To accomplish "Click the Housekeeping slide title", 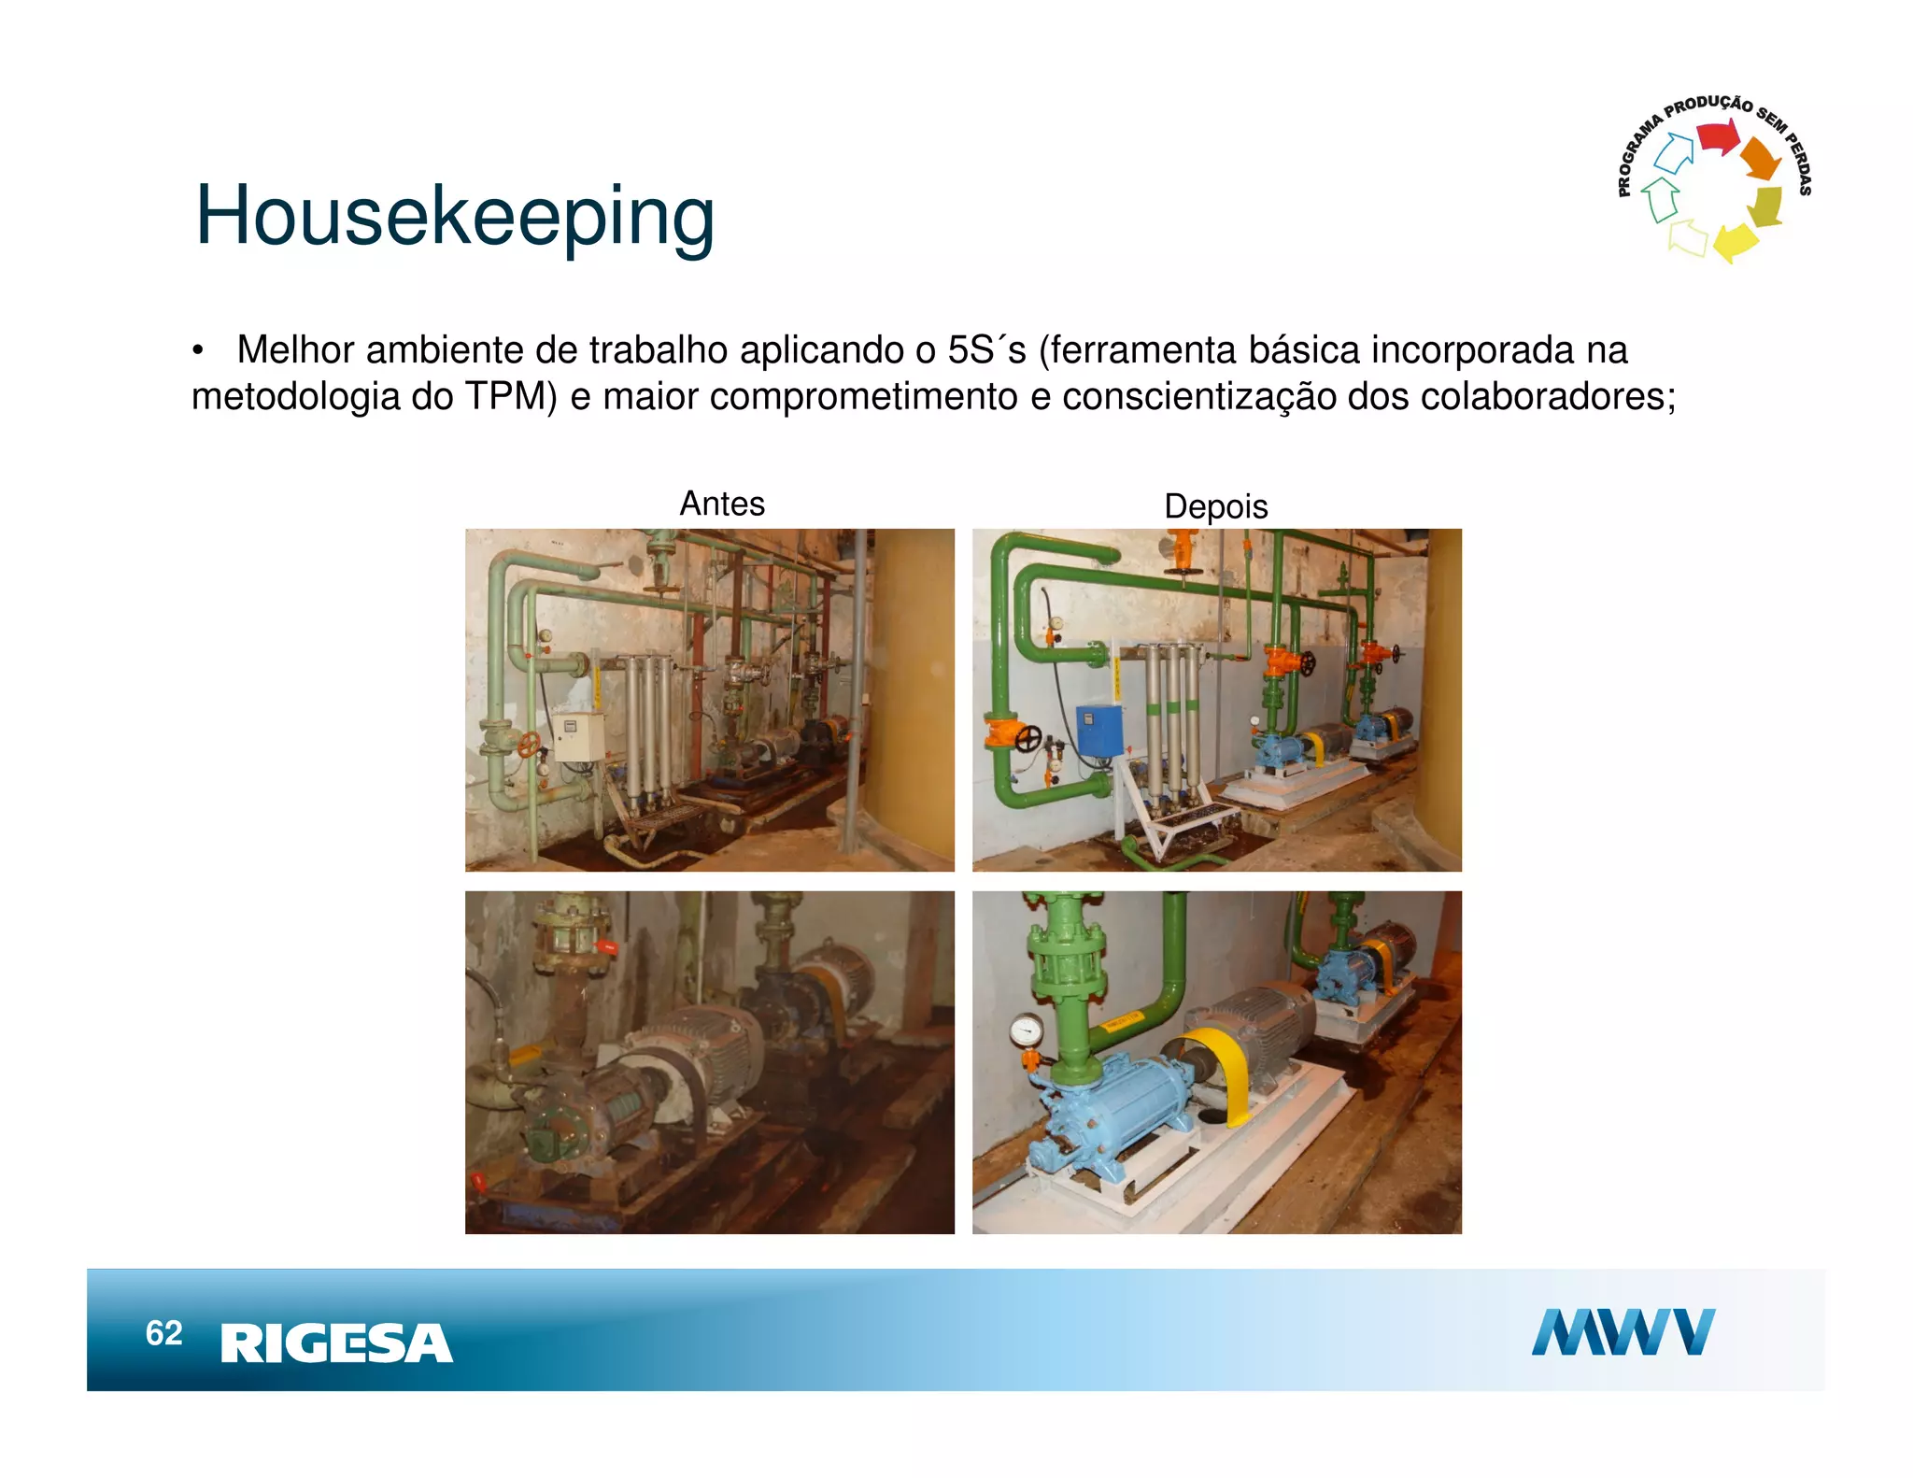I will [455, 216].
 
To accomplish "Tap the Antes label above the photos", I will [722, 504].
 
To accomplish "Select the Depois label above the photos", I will [1215, 506].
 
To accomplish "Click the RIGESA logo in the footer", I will [336, 1343].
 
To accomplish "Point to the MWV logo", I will [1623, 1331].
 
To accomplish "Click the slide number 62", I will [163, 1333].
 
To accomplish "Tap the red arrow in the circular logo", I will [1716, 137].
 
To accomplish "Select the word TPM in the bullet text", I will [511, 396].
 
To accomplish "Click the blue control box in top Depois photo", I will [1099, 730].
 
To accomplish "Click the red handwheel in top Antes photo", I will [530, 745].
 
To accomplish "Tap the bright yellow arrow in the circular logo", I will [1735, 242].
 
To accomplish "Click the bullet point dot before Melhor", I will [197, 351].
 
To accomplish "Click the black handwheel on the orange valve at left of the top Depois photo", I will [1027, 738].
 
